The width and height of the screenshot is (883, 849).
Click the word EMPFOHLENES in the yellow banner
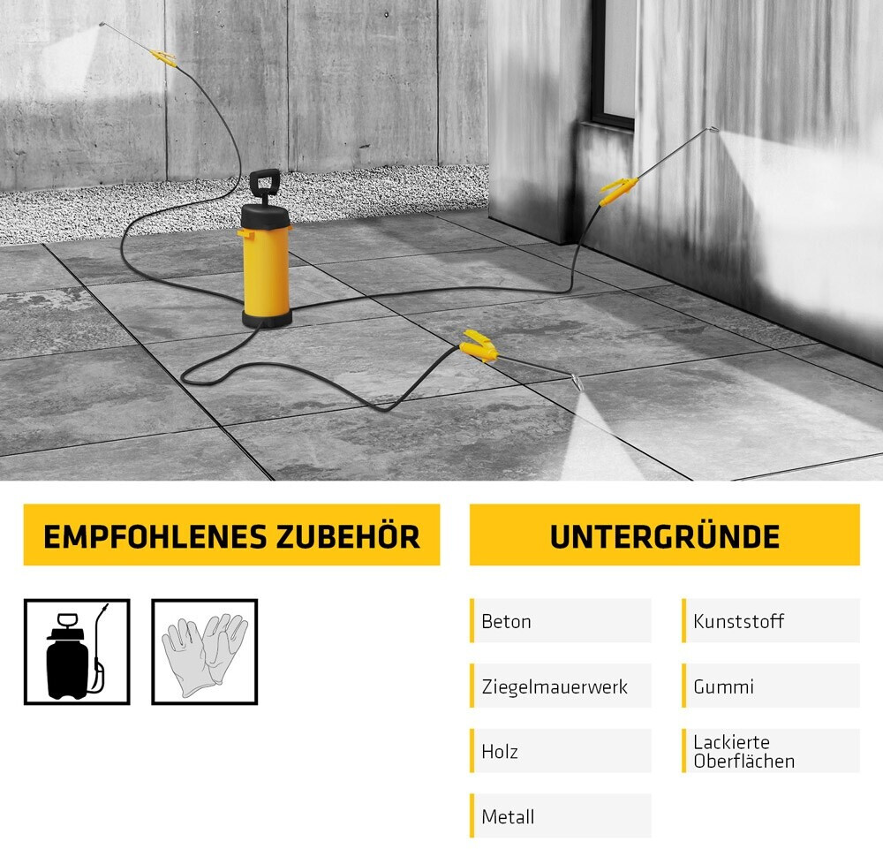[155, 536]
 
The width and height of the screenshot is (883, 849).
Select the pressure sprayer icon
[77, 652]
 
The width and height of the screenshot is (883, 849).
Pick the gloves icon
[205, 652]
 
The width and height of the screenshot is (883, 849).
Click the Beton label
[506, 621]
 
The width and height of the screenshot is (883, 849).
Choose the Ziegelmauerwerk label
[555, 686]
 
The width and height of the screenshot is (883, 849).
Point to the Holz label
[500, 752]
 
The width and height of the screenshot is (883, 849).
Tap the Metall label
[508, 817]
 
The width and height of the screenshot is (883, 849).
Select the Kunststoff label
[738, 621]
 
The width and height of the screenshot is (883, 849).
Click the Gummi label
[724, 686]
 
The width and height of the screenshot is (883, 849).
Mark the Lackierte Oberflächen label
[743, 752]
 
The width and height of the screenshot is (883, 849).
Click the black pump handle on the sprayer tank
[265, 184]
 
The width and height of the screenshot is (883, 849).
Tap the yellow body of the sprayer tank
[267, 271]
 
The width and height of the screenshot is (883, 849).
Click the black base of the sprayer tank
[267, 320]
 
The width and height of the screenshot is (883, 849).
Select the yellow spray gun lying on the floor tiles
[479, 345]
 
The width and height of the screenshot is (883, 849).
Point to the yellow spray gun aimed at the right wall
[618, 191]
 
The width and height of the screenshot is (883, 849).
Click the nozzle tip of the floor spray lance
[577, 383]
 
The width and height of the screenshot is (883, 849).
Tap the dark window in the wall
[613, 62]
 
